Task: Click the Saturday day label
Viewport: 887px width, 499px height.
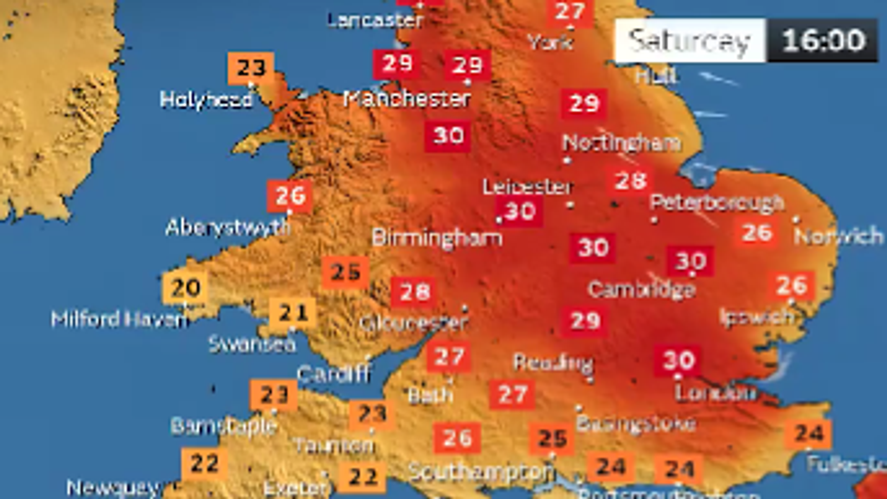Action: [x=690, y=40]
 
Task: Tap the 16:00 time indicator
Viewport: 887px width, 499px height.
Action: [x=823, y=40]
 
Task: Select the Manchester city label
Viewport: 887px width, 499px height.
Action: [x=407, y=99]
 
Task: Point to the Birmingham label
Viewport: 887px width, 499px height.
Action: [x=437, y=238]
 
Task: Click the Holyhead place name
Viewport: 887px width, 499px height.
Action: [x=206, y=100]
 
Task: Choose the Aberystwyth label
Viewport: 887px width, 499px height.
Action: [x=227, y=227]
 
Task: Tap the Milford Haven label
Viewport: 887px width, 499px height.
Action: [x=119, y=319]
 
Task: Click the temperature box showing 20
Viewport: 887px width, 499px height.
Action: [x=185, y=287]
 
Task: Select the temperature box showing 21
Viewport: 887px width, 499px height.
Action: [x=293, y=313]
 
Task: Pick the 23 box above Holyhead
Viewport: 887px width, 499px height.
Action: [x=251, y=68]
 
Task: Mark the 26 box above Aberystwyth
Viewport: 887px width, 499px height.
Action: [x=289, y=196]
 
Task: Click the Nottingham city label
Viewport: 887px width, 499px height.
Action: [x=621, y=143]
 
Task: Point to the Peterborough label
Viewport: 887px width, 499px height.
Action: [x=717, y=203]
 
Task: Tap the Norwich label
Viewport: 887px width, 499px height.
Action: [x=839, y=236]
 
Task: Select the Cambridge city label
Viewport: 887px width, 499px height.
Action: [x=641, y=289]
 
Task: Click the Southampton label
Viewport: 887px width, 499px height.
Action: [x=481, y=471]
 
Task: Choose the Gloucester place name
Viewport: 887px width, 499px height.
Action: [x=414, y=322]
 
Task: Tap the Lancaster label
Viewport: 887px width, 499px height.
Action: [x=375, y=21]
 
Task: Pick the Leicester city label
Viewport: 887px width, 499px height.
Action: [x=527, y=186]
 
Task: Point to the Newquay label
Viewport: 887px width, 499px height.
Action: [x=113, y=488]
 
